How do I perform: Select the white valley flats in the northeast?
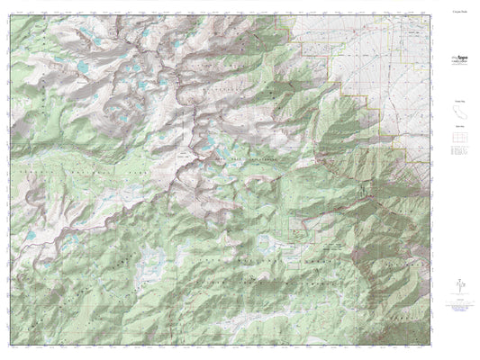[387, 54]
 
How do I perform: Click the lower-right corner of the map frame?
[429, 346]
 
